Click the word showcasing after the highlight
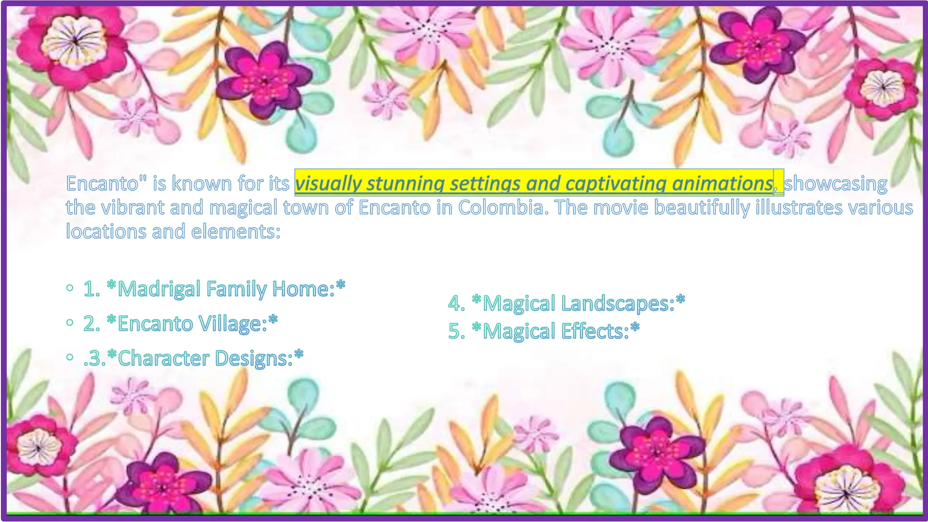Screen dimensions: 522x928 point(836,184)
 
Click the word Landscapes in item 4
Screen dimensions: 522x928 point(618,303)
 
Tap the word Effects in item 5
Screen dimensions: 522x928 point(594,331)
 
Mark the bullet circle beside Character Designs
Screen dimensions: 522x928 point(69,357)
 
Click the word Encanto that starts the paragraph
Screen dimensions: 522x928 point(102,184)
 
